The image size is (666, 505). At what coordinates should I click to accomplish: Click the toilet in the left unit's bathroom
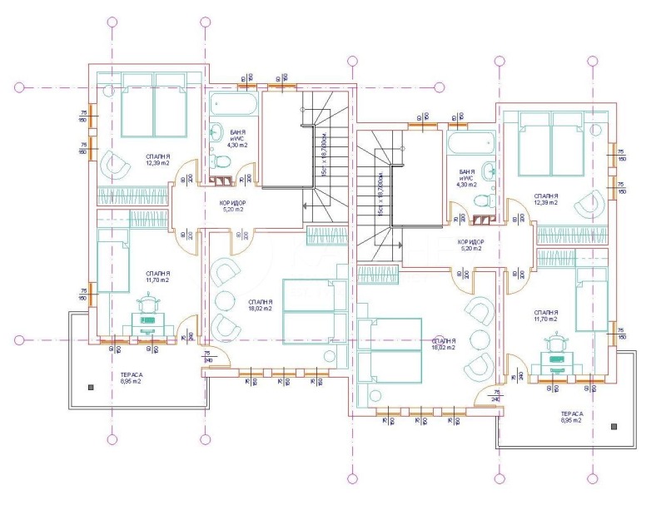214,160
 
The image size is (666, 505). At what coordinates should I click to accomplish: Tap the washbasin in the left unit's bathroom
215,131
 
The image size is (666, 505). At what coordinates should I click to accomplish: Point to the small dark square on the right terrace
614,426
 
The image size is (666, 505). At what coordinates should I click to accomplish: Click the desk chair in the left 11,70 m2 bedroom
147,309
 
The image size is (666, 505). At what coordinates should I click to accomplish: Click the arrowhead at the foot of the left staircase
309,209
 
